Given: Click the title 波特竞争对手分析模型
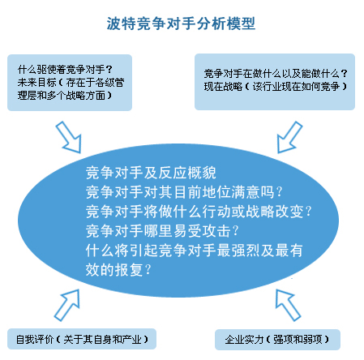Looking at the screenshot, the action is click(181, 24).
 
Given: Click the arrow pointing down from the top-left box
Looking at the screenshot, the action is click(68, 137).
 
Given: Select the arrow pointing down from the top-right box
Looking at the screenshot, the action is click(289, 137).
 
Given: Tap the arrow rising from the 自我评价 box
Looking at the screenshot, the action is click(67, 305).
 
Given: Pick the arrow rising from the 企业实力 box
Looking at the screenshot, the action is click(288, 305).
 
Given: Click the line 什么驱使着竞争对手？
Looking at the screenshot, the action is click(65, 70).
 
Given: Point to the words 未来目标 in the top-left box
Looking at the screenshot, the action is click(36, 83).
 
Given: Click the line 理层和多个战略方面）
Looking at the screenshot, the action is click(65, 95).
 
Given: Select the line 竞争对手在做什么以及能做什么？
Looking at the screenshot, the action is click(276, 74).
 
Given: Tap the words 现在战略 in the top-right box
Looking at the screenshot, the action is click(223, 87).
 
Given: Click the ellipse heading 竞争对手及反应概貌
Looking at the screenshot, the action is click(151, 173).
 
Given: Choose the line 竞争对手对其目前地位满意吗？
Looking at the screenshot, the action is click(184, 192).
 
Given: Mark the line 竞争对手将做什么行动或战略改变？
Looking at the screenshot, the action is click(199, 211).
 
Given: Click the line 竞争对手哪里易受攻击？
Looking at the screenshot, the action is click(162, 231).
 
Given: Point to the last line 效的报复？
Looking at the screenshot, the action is click(118, 269).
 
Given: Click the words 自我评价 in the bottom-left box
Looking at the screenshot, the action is click(35, 340).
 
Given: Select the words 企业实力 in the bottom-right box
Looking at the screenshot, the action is click(244, 340).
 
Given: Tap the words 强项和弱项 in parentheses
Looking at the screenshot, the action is click(298, 340).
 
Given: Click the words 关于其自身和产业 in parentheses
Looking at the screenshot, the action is click(102, 340).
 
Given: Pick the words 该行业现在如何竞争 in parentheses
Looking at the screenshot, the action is click(296, 87).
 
